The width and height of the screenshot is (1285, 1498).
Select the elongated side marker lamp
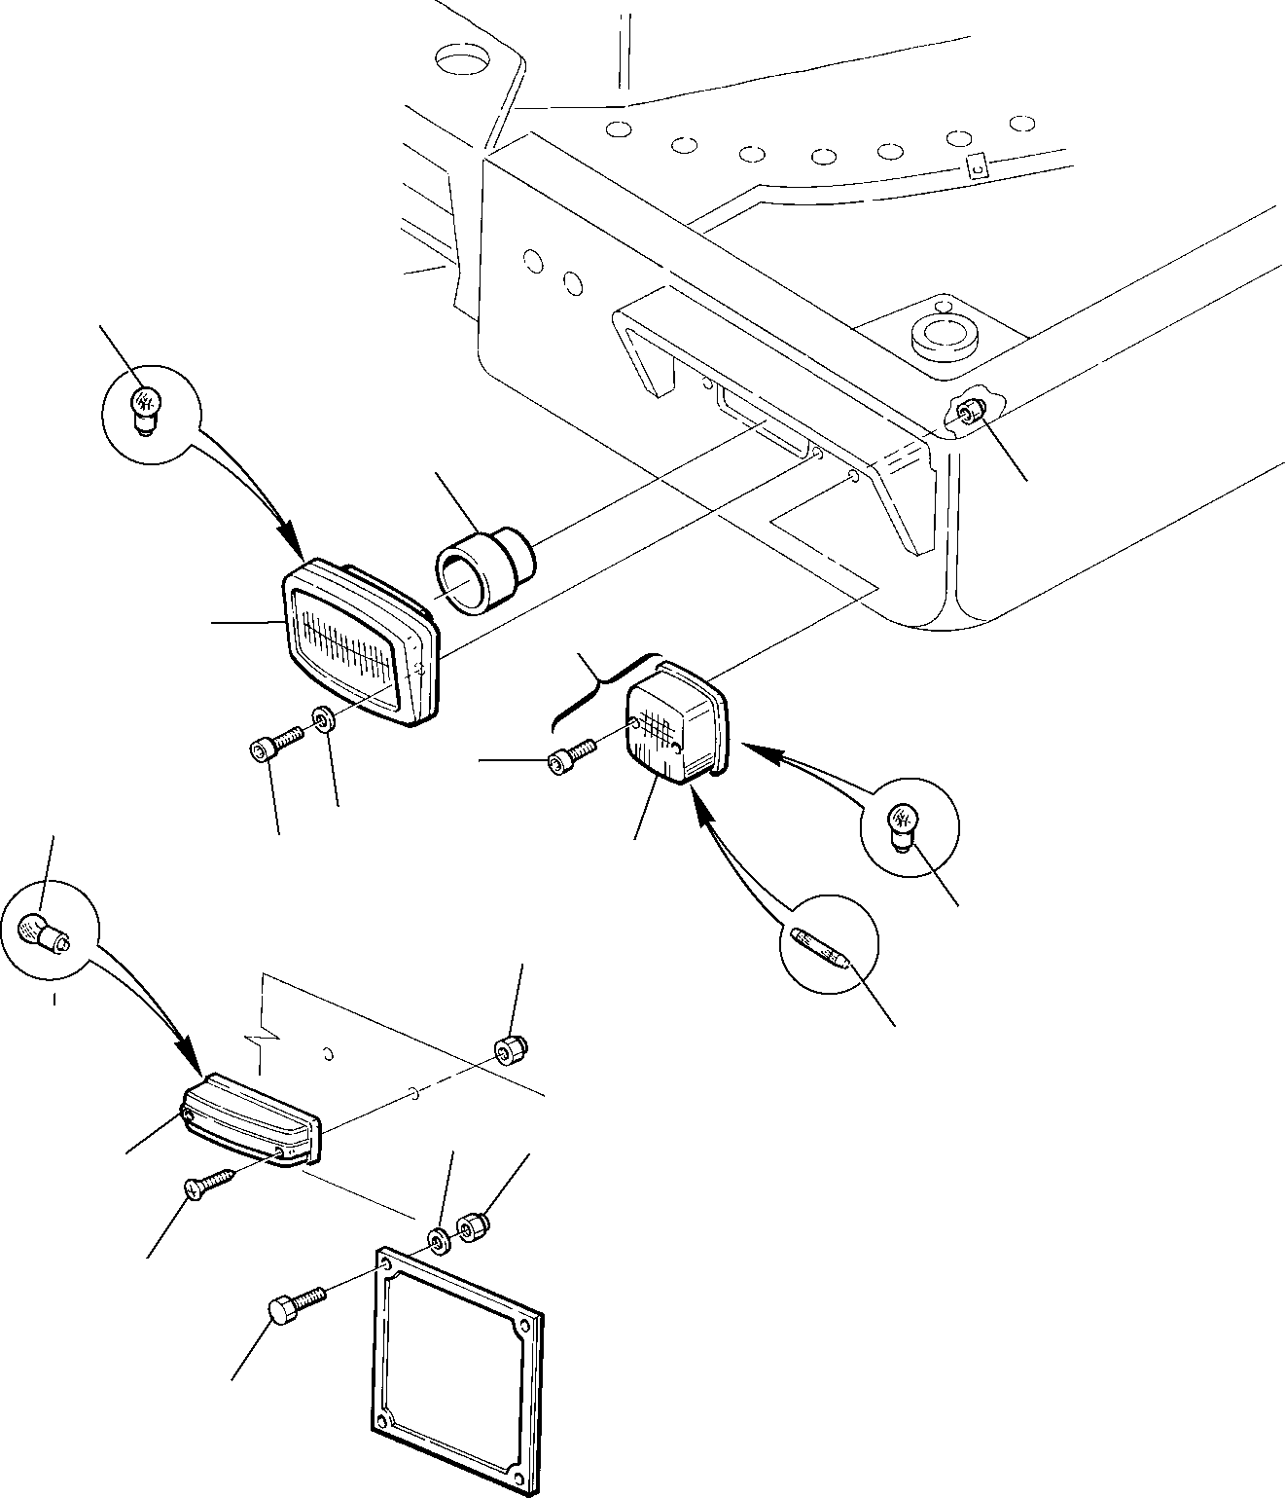coord(252,1118)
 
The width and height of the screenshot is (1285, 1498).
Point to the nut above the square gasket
coord(472,1226)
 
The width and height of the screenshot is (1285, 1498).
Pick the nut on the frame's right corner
coord(968,413)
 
